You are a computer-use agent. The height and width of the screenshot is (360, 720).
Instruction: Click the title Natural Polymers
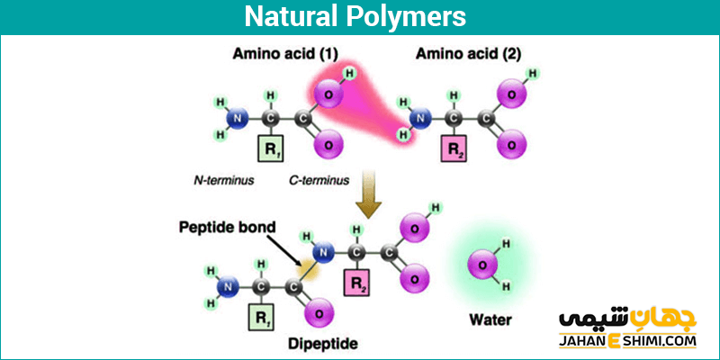pos(360,17)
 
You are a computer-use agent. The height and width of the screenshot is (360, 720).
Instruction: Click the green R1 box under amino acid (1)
pos(270,148)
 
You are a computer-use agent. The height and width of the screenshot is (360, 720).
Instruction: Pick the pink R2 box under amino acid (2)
pos(454,148)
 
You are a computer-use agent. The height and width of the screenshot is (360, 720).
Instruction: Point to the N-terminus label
pos(223,180)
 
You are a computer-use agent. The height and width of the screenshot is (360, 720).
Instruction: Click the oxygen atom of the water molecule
pos(481,265)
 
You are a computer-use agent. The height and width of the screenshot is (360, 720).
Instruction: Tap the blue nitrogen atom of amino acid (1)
pos(238,118)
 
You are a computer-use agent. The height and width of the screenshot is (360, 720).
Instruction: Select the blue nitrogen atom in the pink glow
pos(420,117)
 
